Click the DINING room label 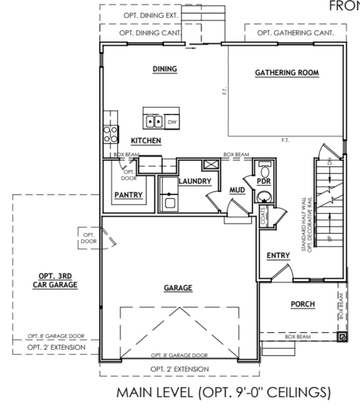[165, 69]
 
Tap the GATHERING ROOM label [287, 73]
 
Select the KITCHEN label [146, 140]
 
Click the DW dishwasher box [172, 122]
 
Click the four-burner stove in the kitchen [111, 133]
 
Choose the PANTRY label [128, 195]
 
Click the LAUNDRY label [195, 181]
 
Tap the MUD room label [237, 190]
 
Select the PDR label [264, 181]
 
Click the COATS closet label [263, 218]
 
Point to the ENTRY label [278, 255]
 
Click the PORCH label [303, 304]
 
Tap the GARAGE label [178, 288]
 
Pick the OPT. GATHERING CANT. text [295, 33]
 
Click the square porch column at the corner [341, 337]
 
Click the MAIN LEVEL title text [223, 393]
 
